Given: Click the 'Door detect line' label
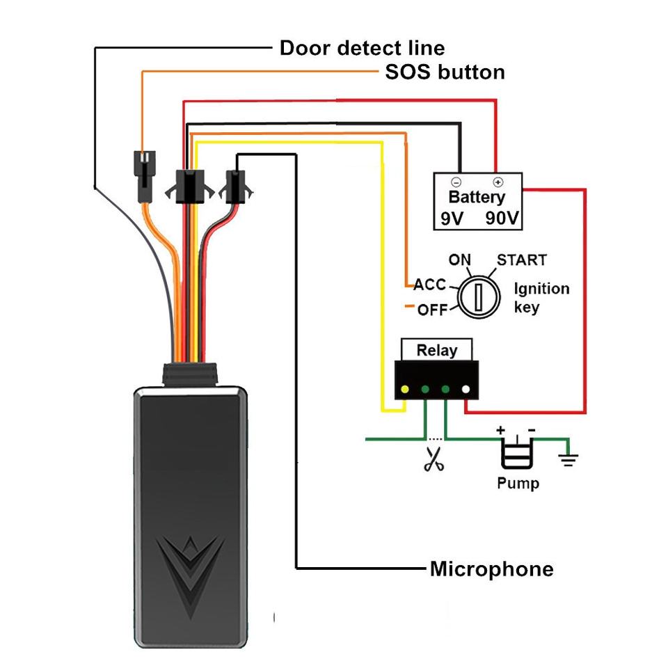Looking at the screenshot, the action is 362,48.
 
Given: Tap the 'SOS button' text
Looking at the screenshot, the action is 445,72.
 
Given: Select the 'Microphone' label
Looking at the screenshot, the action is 492,569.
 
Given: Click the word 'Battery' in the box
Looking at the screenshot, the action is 477,197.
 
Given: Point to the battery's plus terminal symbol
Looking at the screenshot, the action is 498,182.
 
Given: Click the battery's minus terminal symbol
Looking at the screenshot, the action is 456,182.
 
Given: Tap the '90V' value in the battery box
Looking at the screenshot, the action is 502,218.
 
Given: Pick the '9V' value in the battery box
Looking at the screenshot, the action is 452,218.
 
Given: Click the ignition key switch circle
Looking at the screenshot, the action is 479,297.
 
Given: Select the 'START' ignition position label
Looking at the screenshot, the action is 521,260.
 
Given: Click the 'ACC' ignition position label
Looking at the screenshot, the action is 429,285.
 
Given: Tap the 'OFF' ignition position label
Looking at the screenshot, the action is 432,310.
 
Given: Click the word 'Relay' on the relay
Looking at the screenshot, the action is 437,350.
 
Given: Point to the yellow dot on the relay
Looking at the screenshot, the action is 405,389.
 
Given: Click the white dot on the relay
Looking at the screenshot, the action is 466,389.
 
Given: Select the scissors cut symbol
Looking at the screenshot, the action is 434,459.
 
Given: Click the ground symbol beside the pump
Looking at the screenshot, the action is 568,459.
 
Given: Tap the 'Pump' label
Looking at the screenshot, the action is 518,484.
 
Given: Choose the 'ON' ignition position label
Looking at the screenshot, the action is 460,260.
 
